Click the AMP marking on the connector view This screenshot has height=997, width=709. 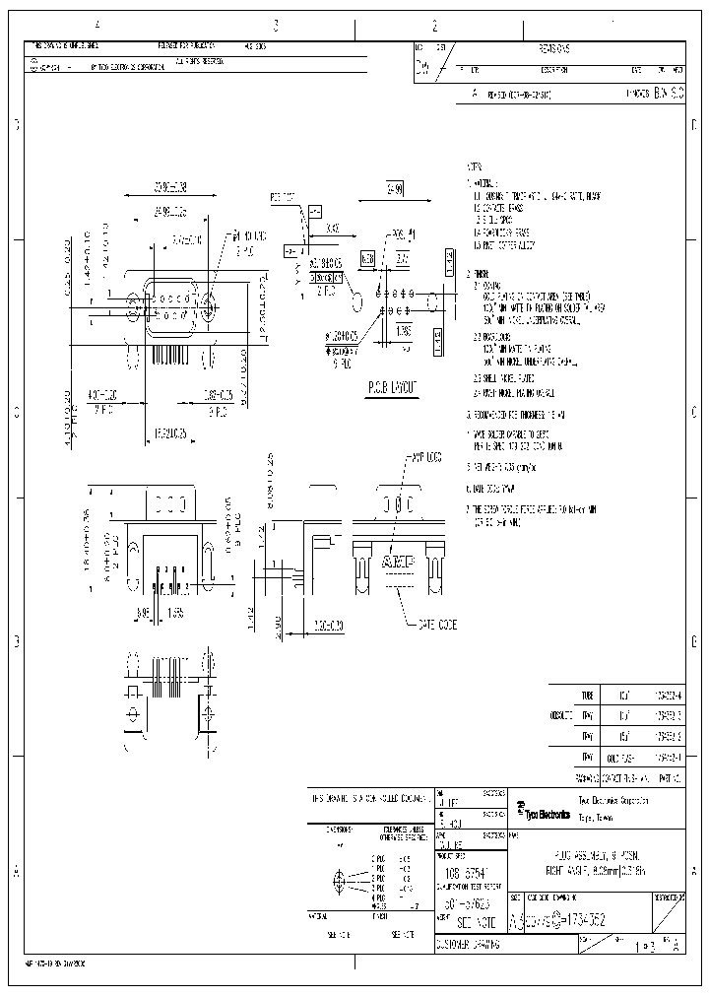398,562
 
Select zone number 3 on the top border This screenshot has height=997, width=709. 276,27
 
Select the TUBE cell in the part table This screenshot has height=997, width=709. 589,694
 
